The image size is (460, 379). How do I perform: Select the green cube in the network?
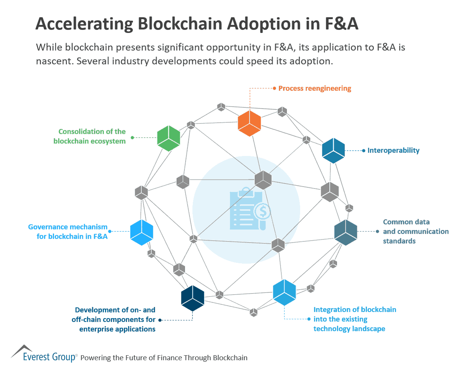(x=169, y=138)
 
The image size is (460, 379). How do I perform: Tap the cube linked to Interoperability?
(x=333, y=151)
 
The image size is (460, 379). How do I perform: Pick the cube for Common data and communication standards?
(x=345, y=232)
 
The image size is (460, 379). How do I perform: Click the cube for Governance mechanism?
(x=142, y=232)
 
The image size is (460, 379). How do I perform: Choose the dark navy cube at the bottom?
(x=192, y=298)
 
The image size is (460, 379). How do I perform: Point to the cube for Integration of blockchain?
(x=284, y=292)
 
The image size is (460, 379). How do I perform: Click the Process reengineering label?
(x=314, y=89)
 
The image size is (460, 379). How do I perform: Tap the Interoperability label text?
(x=393, y=151)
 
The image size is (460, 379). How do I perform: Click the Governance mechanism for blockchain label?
(x=68, y=231)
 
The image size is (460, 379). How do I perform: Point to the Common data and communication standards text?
(x=415, y=231)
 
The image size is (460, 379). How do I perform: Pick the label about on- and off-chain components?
(x=115, y=319)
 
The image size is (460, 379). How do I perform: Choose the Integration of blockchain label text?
(x=355, y=319)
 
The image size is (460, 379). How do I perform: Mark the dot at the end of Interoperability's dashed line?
(x=363, y=151)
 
